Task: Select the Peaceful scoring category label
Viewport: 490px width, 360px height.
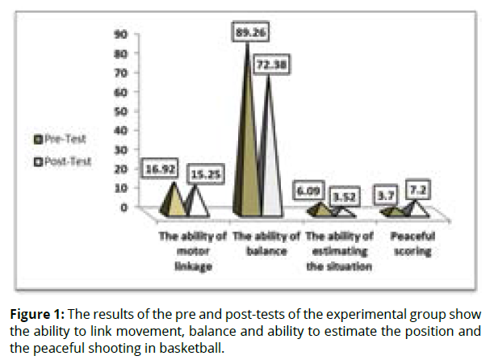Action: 408,245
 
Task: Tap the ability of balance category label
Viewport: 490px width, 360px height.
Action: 266,245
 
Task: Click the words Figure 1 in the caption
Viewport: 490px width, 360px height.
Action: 36,312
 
